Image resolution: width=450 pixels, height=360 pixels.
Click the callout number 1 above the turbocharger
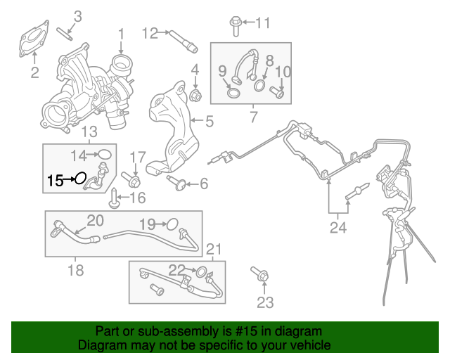(121, 33)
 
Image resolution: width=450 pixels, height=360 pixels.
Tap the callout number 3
(77, 15)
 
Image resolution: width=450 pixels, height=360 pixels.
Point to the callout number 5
(209, 121)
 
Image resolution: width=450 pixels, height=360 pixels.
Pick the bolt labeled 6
(176, 184)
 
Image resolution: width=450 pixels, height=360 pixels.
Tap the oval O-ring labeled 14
(104, 154)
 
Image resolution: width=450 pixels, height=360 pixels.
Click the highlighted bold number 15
(55, 181)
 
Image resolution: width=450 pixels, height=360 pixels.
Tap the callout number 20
(95, 221)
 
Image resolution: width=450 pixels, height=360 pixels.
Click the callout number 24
(339, 226)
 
